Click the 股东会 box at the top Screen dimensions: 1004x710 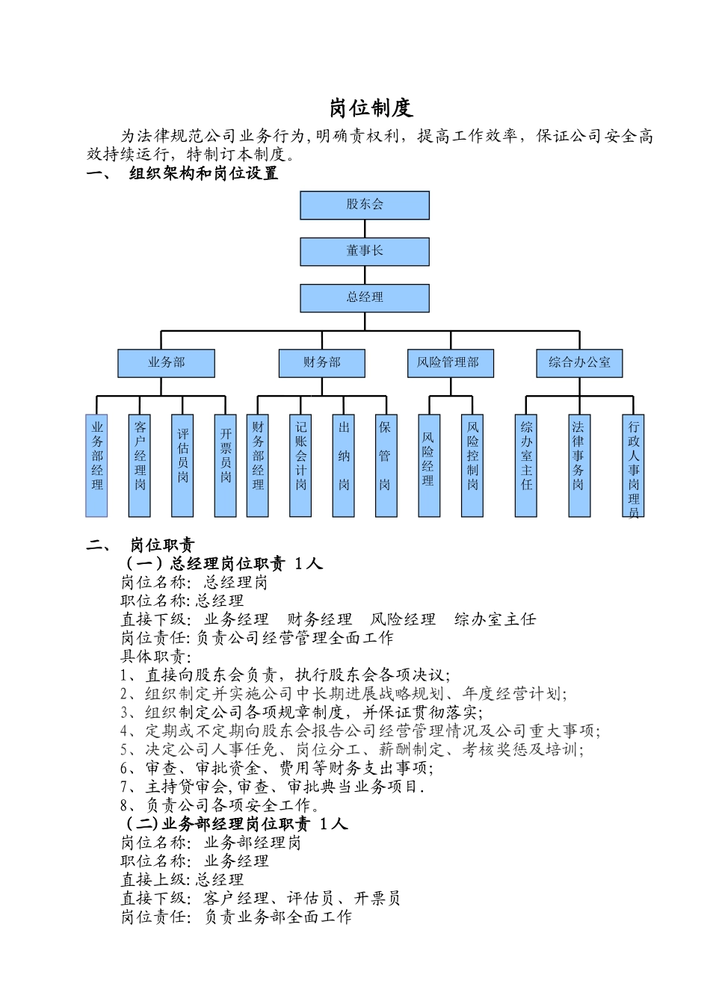[365, 205]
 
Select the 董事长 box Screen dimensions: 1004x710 [365, 251]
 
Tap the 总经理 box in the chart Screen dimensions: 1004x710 [365, 297]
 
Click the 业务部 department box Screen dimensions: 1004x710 [166, 363]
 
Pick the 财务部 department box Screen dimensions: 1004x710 [322, 363]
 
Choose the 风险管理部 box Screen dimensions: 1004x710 [450, 363]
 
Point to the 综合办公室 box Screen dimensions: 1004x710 [579, 363]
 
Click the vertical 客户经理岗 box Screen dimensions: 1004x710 [140, 465]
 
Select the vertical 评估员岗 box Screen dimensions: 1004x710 [182, 465]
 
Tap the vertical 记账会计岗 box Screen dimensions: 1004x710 [300, 465]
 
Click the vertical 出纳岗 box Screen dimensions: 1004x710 [344, 465]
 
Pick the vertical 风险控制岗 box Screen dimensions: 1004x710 [472, 465]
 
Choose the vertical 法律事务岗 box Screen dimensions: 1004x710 [579, 465]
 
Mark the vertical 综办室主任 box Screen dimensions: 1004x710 [526, 465]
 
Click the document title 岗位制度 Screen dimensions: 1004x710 [371, 108]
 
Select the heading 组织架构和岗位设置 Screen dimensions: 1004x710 [203, 174]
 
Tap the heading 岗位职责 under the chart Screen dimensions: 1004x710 [162, 545]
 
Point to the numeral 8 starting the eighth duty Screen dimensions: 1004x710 [125, 806]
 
